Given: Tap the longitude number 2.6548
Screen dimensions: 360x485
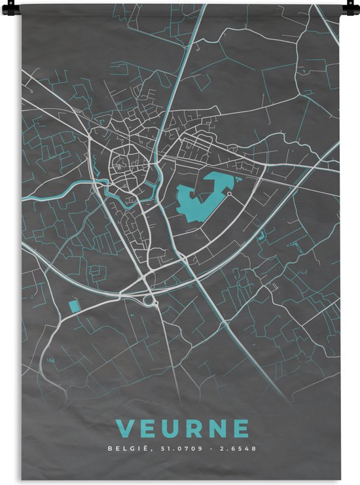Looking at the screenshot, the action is (238, 449).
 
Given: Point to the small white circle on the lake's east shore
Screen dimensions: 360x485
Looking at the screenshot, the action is (230, 194).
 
